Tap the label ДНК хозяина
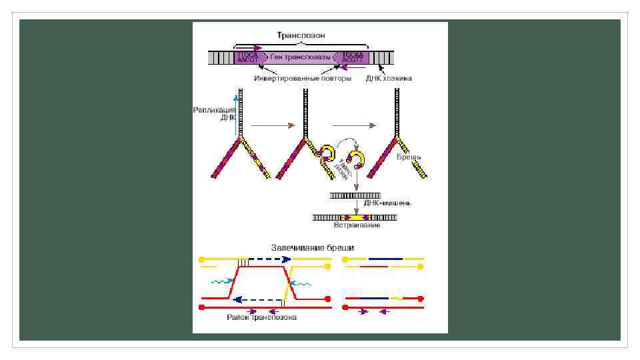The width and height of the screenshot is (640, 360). tap(389, 78)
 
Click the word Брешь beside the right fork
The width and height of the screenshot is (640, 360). tap(409, 157)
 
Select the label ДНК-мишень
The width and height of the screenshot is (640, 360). tap(387, 203)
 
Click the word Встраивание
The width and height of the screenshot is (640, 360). tap(357, 226)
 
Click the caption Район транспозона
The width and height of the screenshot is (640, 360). tap(261, 318)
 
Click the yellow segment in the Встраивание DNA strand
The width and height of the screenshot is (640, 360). tap(353, 217)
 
